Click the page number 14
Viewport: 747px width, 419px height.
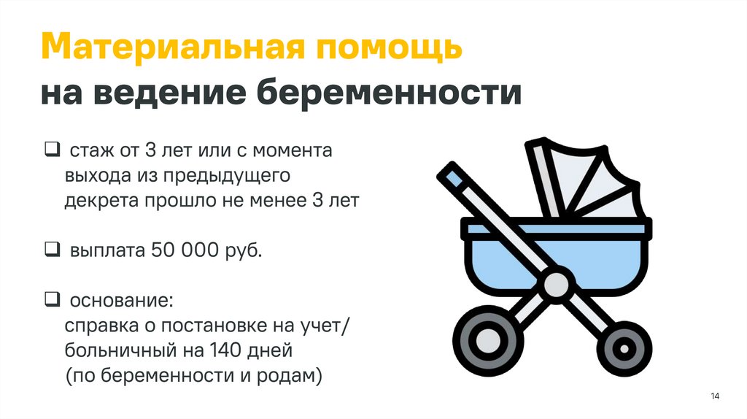click(x=714, y=396)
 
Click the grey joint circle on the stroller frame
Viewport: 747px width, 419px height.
click(x=557, y=285)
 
